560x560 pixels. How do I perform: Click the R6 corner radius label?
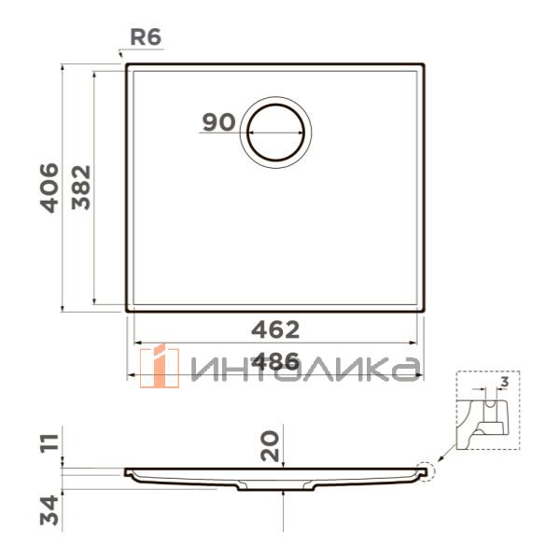point(146,36)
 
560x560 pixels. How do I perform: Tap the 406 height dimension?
point(49,188)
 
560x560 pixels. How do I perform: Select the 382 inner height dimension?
point(81,188)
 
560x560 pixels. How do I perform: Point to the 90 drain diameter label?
point(219,121)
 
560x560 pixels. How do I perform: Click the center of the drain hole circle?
point(275,133)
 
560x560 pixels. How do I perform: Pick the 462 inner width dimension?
point(275,330)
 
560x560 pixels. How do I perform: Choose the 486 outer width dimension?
point(275,361)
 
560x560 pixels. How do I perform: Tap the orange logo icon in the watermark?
point(160,367)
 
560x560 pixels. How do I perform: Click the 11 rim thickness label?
point(49,443)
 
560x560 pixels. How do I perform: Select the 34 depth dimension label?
point(49,510)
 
